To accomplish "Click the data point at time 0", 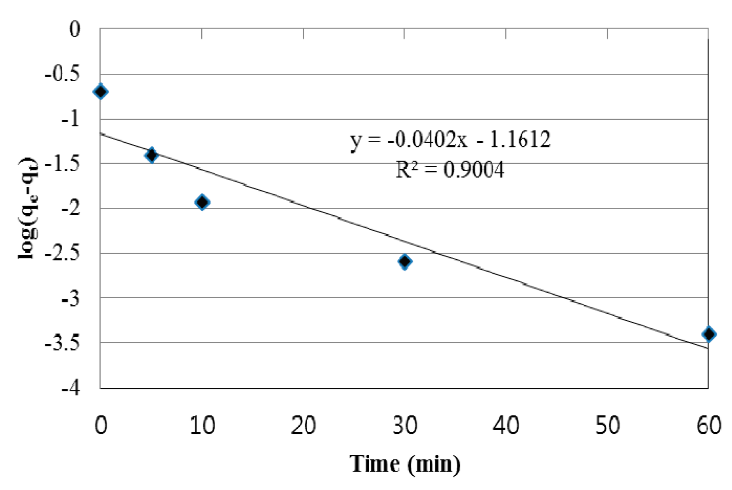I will (x=101, y=91).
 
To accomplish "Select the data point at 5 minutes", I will (x=151, y=155).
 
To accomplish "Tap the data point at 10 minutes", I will (x=202, y=202).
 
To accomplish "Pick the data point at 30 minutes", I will (x=405, y=262).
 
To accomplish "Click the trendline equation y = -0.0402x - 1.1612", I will (x=450, y=139).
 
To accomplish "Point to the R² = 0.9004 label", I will (x=450, y=170).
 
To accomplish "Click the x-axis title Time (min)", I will (x=405, y=464).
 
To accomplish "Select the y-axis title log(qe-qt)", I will (x=28, y=208).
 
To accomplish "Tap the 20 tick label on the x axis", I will (x=303, y=426).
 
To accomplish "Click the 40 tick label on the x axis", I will (x=506, y=426).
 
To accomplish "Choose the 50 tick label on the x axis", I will (x=607, y=426).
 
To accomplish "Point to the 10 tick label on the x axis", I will (x=202, y=426).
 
